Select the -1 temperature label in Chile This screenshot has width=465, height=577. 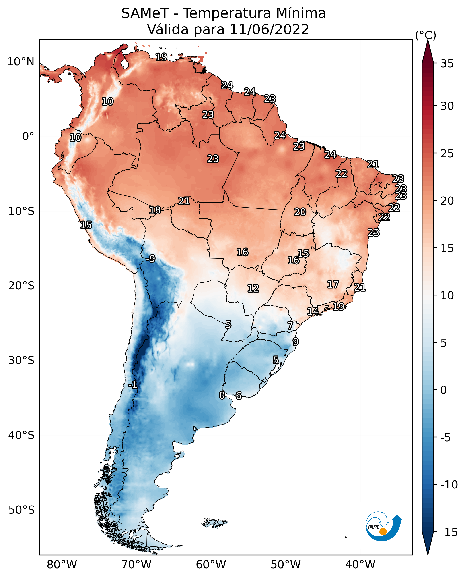coord(133,385)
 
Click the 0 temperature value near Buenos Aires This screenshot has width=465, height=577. coord(222,395)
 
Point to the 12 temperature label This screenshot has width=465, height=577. coord(253,288)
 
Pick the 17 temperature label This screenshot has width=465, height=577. coord(333,284)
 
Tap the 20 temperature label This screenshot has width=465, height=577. coord(300,212)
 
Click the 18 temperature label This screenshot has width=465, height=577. coord(155,210)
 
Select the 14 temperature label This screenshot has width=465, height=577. coord(313,311)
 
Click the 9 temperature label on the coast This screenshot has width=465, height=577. coord(295,342)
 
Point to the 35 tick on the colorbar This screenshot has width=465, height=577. coord(447,64)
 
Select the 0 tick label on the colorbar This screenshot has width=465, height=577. coord(444,390)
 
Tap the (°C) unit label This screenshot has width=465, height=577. coord(426,35)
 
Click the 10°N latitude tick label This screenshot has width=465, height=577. coord(21,62)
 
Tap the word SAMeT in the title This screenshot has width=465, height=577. coord(145,13)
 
